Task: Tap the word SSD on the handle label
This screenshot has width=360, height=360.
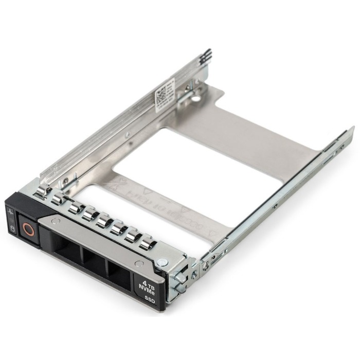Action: tap(149, 299)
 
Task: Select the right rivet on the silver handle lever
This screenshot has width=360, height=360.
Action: tap(138, 263)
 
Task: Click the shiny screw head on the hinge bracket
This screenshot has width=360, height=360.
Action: tap(163, 262)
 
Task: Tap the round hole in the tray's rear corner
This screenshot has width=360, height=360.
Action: tap(196, 97)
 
